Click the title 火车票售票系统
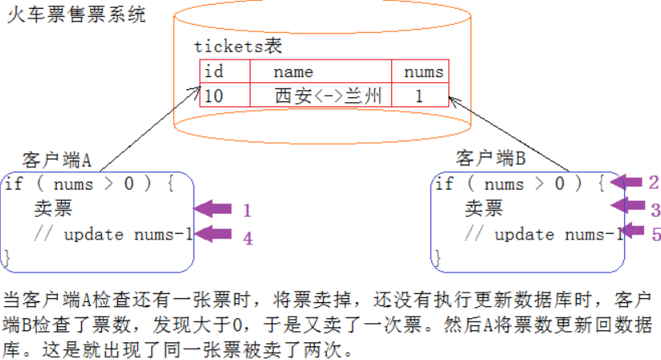pyautogui.click(x=76, y=15)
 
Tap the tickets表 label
pyautogui.click(x=239, y=47)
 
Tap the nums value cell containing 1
pyautogui.click(x=419, y=96)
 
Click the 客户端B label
pyautogui.click(x=491, y=158)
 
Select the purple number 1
pyautogui.click(x=247, y=211)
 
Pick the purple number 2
pyautogui.click(x=654, y=182)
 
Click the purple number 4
pyautogui.click(x=247, y=238)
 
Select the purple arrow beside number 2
pyautogui.click(x=626, y=182)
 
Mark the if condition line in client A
pyautogui.click(x=88, y=184)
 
